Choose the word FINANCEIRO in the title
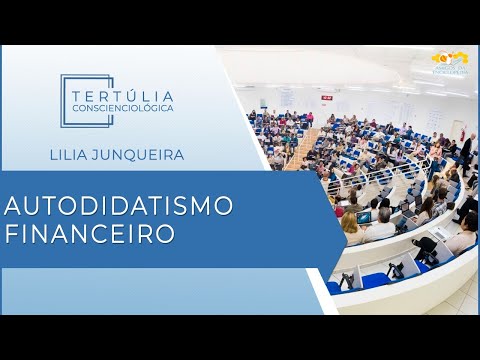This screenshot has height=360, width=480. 89,232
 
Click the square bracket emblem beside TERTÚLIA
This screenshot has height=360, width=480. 73,99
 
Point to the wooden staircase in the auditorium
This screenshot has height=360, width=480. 300,150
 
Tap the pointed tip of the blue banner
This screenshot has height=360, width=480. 345,218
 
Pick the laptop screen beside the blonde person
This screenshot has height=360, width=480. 365,217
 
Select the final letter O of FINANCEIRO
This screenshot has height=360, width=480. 165,232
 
